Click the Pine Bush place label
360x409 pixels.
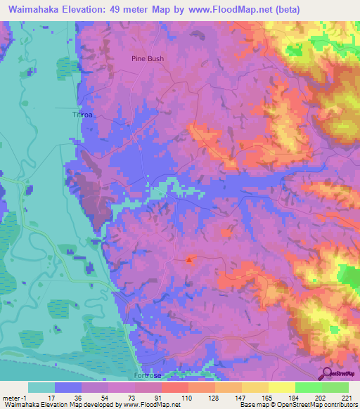point(148,59)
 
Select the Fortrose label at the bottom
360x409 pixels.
point(147,376)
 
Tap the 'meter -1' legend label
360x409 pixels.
point(14,397)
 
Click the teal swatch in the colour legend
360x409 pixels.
point(41,387)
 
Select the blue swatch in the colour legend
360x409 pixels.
point(68,387)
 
